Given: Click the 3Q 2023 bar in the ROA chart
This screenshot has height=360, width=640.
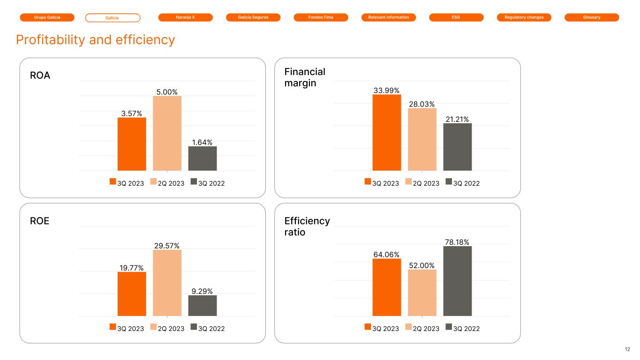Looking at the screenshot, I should tap(132, 144).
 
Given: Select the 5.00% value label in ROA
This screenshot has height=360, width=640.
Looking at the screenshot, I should tap(167, 92).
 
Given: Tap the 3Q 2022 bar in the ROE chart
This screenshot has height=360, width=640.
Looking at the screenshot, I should tap(203, 305).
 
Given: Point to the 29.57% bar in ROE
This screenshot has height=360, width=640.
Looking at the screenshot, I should tap(167, 283).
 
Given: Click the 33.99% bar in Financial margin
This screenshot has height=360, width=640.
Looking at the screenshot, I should tap(387, 132).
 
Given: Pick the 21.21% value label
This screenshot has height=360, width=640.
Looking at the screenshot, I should tap(457, 119).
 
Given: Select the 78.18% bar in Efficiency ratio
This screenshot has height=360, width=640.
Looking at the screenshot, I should tap(457, 281).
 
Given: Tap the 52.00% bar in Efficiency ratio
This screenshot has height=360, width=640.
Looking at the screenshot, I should tap(422, 292).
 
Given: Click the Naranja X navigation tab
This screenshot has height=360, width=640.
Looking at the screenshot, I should tap(186, 17).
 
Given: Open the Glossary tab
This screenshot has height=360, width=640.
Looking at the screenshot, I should tap(592, 17).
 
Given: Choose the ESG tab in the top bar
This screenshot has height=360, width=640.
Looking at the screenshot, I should tap(456, 17).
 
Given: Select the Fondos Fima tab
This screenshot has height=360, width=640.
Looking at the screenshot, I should tap(321, 17).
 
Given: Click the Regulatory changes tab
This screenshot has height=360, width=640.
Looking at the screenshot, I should tap(524, 17).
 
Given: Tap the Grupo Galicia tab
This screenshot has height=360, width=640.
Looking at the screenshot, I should tap(47, 17).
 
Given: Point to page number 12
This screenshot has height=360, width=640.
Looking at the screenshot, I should tap(627, 349).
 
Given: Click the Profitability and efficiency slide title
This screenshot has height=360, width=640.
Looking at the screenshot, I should tap(95, 40).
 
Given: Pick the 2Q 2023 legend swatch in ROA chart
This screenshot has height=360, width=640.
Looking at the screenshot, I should tap(153, 182).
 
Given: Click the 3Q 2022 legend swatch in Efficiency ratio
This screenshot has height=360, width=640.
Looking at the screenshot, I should tap(449, 328).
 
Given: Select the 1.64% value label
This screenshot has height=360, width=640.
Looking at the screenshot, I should tap(203, 142).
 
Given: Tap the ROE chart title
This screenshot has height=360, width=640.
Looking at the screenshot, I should tap(39, 221).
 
